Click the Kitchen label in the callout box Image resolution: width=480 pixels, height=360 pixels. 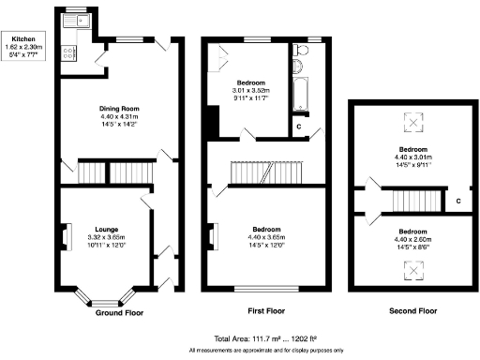23,37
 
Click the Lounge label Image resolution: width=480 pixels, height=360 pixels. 106,228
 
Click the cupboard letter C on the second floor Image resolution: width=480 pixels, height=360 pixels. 458,200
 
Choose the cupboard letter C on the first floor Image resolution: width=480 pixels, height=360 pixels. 298,125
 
